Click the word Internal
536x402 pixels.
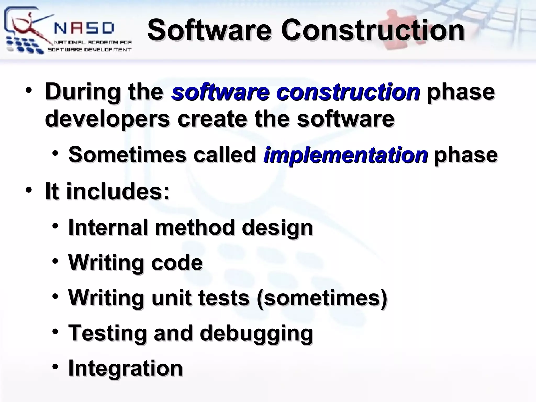(x=108, y=227)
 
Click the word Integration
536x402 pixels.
(x=125, y=368)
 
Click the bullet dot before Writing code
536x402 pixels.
(x=55, y=261)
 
